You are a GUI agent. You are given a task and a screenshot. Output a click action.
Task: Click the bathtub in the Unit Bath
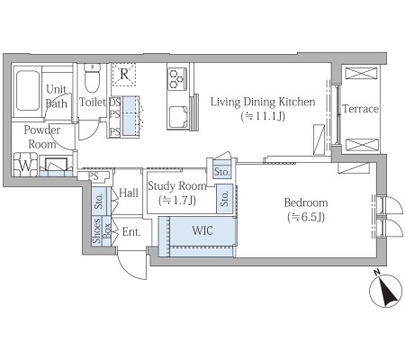(x=28, y=91)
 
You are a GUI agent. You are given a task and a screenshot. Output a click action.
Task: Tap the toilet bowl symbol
(x=92, y=78)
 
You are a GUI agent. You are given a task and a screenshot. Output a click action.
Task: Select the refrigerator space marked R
(x=124, y=74)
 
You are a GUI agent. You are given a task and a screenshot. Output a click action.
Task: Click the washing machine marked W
(x=25, y=165)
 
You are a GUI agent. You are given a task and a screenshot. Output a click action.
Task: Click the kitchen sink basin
(x=178, y=117)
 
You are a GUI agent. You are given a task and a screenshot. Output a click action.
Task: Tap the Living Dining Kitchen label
(x=263, y=102)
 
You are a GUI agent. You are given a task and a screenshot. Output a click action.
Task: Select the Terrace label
(x=360, y=109)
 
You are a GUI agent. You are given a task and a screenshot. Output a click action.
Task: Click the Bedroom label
(x=306, y=202)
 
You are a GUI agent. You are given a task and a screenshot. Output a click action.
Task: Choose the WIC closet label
(x=202, y=230)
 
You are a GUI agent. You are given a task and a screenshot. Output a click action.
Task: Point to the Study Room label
(x=177, y=186)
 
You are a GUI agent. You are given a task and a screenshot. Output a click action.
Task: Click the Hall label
(x=129, y=193)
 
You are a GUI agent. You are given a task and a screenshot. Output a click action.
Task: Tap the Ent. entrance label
(x=131, y=232)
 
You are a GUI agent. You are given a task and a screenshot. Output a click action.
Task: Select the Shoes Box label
(x=102, y=230)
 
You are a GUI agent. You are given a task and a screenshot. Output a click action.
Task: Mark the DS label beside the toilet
(x=114, y=103)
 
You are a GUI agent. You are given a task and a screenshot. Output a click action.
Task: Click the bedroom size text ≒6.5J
(x=306, y=217)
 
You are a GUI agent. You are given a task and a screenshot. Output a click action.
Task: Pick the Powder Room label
(x=42, y=137)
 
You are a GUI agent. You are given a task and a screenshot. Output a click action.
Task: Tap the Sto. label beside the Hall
(x=99, y=201)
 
